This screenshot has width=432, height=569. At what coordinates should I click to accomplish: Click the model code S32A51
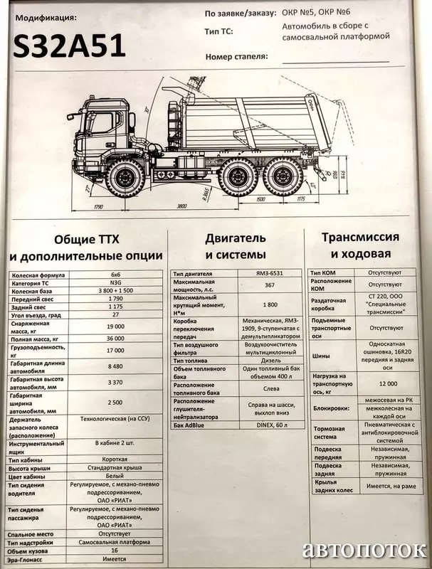tap(69, 46)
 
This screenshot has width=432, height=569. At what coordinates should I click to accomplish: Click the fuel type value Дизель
tap(269, 359)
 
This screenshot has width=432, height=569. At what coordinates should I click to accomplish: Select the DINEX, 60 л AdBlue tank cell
tap(269, 424)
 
